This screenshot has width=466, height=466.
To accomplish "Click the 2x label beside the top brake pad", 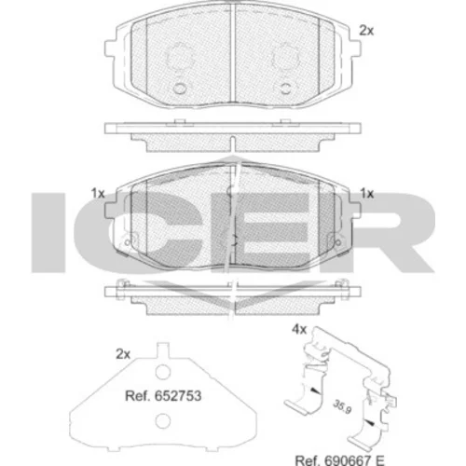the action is (366, 31).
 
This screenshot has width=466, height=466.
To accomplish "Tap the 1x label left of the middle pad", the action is (98, 194).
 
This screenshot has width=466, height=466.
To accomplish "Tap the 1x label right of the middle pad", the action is (367, 194).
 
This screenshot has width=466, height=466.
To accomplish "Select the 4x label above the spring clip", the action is (299, 329).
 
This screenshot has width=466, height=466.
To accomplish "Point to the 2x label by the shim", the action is (123, 354).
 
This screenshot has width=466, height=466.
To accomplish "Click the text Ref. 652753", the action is (163, 396).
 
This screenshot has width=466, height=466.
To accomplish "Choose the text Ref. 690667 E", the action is (339, 460).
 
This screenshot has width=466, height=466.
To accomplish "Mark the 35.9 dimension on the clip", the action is (342, 407).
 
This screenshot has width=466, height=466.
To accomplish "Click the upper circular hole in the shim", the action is (163, 372).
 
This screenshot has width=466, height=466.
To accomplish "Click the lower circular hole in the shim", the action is (163, 421).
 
